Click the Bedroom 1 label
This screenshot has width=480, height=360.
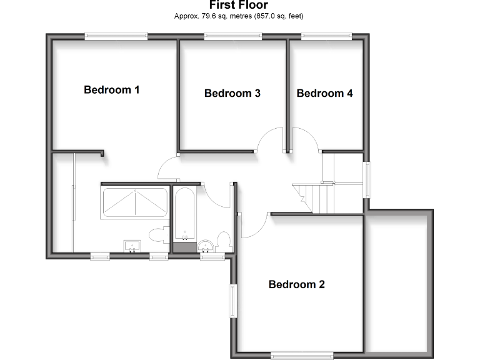(x=111, y=90)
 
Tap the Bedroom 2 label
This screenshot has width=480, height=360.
(x=296, y=285)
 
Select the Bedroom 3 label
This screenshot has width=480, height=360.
(x=232, y=94)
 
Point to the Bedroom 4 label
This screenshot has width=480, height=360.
(x=324, y=94)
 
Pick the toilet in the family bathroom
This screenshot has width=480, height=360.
(x=223, y=240)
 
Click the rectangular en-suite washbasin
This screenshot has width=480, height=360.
(x=132, y=244)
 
